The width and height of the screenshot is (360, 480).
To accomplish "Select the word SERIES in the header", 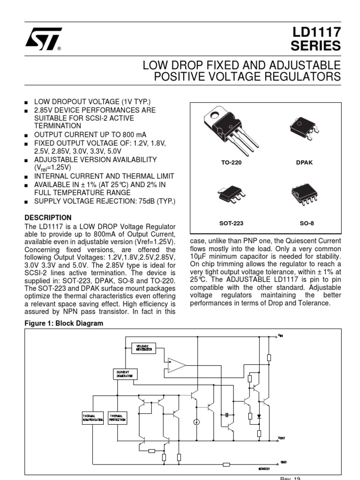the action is pyautogui.click(x=316, y=46).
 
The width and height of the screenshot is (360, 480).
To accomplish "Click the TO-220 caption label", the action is pyautogui.click(x=232, y=163).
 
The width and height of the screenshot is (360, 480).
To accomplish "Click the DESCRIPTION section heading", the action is pyautogui.click(x=48, y=217).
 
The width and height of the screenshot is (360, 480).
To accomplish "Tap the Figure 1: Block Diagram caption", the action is pyautogui.click(x=64, y=323).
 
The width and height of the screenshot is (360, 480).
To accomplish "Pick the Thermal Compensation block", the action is pyautogui.click(x=92, y=417).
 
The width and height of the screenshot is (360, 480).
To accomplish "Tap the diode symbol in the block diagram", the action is pyautogui.click(x=259, y=415).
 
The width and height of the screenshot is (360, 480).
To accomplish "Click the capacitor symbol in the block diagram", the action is pyautogui.click(x=227, y=415).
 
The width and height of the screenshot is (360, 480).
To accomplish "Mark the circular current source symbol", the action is pyautogui.click(x=196, y=422).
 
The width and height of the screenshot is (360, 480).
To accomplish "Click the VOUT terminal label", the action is pyautogui.click(x=281, y=438).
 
